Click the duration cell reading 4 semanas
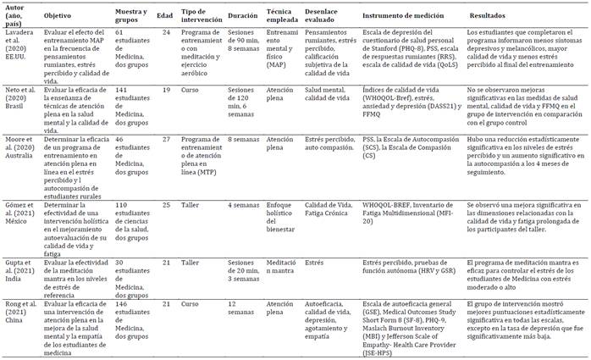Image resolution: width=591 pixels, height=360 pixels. [x=242, y=205]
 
